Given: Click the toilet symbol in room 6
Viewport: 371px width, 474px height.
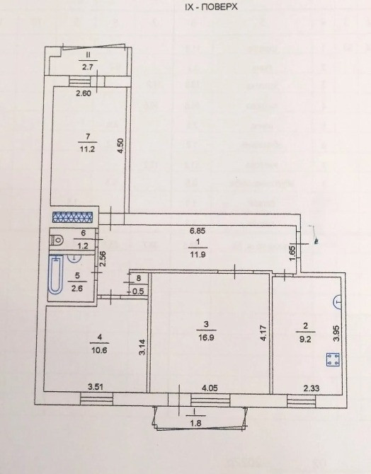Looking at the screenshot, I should (x=58, y=238).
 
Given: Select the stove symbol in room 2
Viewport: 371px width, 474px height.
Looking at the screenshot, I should (x=329, y=359).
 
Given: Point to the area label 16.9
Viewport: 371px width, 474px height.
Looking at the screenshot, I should (x=207, y=336).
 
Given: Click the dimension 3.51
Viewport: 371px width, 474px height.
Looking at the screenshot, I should (x=96, y=386).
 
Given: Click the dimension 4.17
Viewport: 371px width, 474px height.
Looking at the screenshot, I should (x=263, y=333).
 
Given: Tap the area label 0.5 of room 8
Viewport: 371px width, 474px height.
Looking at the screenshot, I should (x=139, y=290).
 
